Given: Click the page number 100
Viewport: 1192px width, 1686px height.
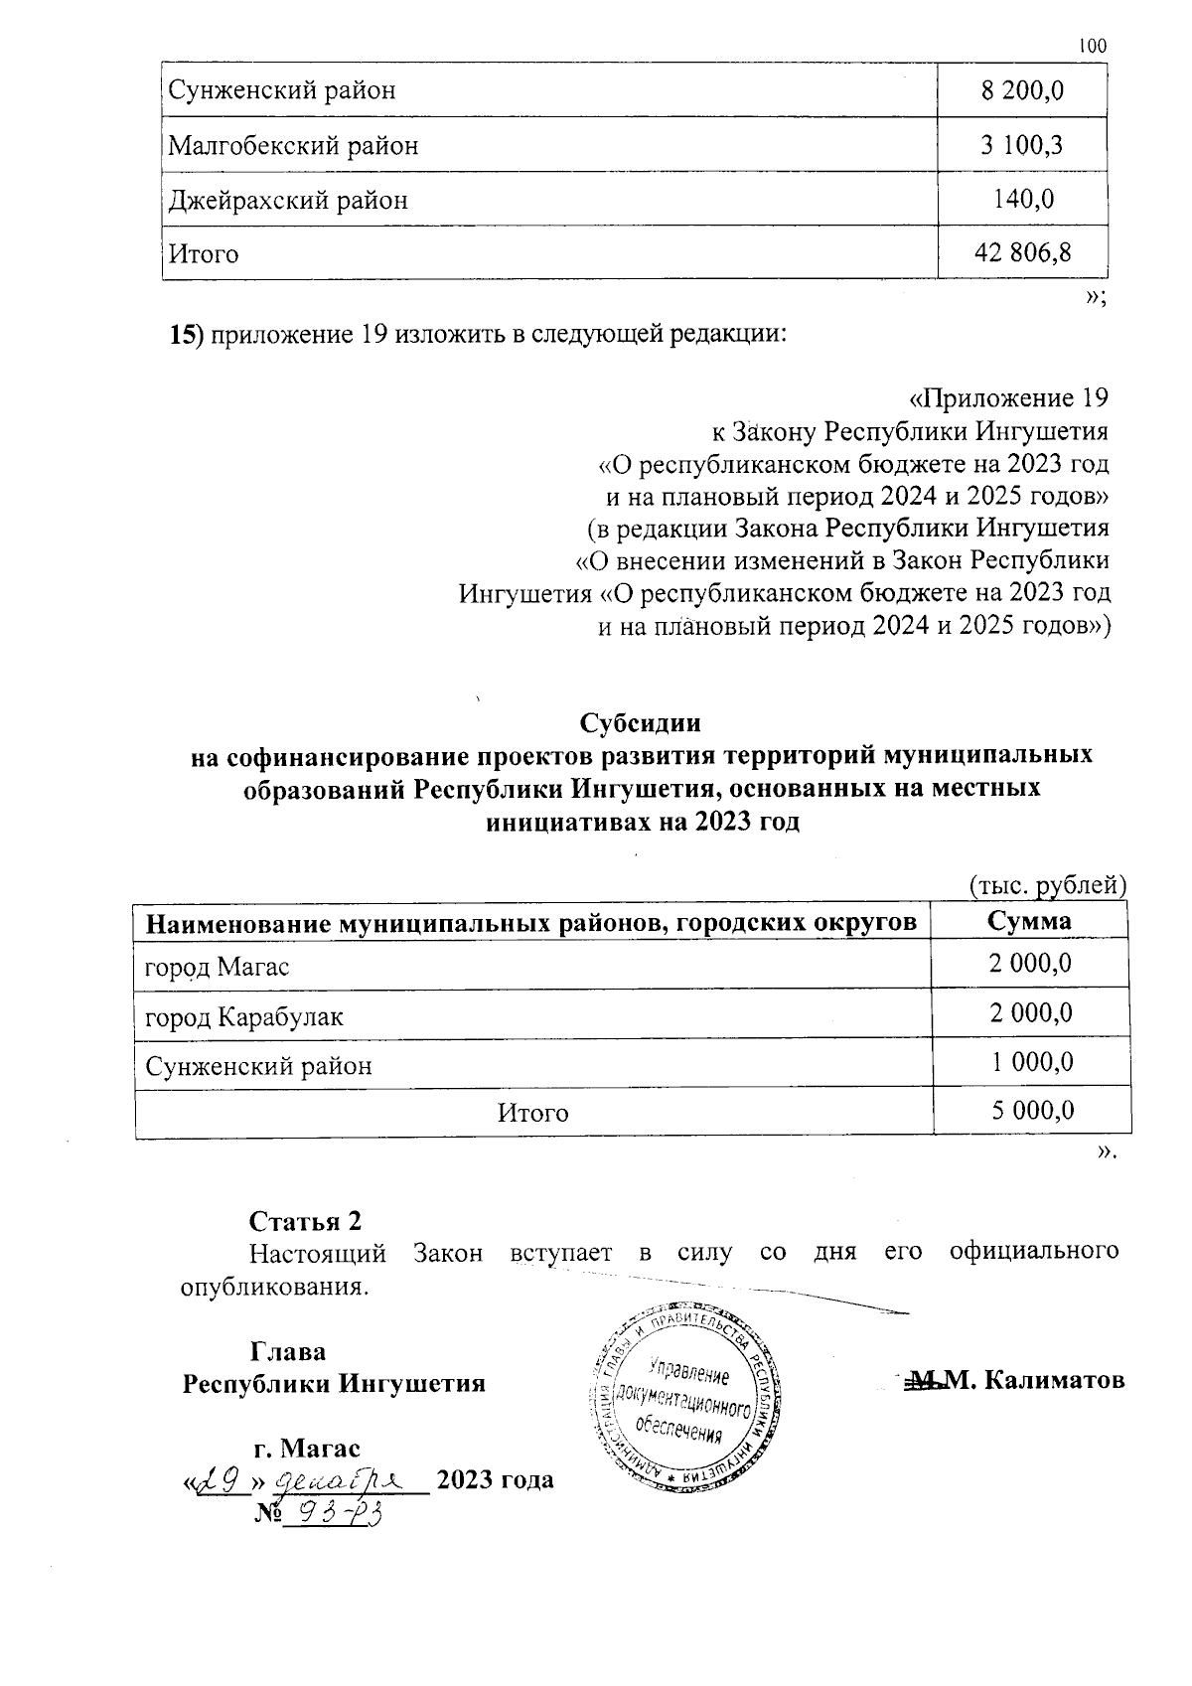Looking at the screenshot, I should point(1092,46).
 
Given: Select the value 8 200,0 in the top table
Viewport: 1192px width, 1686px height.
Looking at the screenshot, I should point(1022,90).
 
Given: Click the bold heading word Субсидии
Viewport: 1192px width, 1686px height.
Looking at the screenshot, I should point(641,722).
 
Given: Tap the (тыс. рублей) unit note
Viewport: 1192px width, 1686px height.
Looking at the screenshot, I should point(1045,884).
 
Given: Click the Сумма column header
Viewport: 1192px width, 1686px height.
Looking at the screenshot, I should point(1030,920).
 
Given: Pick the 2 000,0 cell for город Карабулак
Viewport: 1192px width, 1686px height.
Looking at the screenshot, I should point(1030,1012).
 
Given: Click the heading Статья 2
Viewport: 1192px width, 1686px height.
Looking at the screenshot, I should point(304,1220).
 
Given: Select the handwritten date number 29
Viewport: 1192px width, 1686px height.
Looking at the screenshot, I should point(221,1482).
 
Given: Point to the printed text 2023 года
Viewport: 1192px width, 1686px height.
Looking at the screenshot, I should point(495,1480).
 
